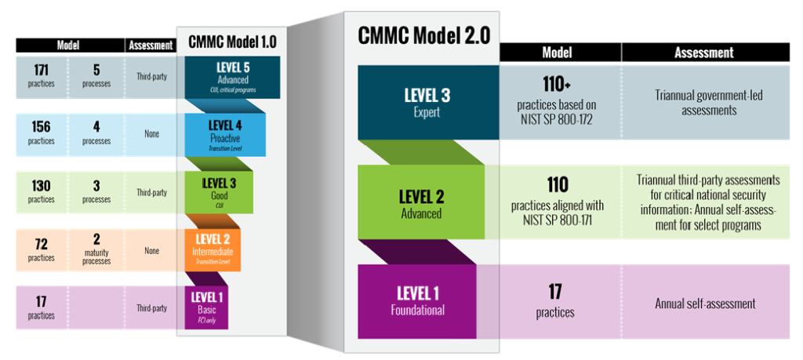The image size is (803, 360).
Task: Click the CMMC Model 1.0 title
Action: pos(231,42)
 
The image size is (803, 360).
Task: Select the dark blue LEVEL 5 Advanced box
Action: pos(232,78)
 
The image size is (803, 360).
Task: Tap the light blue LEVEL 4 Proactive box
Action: pos(225,135)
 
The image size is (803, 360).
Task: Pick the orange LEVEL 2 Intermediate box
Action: pos(212,250)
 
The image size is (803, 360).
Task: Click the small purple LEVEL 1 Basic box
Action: pos(206,307)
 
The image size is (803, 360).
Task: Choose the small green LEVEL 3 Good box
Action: pos(219,192)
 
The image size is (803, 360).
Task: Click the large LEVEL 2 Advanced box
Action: pos(421,202)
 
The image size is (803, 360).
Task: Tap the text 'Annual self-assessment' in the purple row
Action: pos(705,304)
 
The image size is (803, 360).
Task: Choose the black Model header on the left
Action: pos(70,45)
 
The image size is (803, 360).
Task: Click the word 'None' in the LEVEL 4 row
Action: pos(151,135)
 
